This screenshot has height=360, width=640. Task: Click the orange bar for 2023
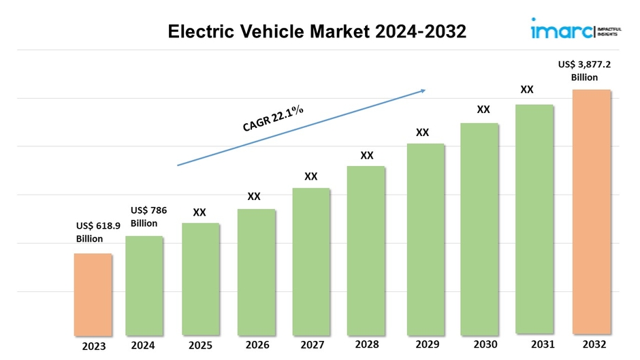point(93,295)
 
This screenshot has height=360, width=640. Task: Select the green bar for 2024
point(144,286)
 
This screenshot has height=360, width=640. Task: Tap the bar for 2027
point(311,262)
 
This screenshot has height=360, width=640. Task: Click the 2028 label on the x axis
point(367,345)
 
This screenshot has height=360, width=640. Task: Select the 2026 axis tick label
point(256,345)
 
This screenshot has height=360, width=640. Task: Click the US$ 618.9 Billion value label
point(98,233)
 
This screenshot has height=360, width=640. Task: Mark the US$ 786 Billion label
point(148,216)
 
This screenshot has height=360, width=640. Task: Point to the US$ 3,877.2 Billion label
point(584,71)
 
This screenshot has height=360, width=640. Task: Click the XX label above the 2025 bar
point(199,212)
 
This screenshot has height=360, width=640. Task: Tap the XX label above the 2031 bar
point(527,89)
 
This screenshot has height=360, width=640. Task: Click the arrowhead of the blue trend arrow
point(423,90)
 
